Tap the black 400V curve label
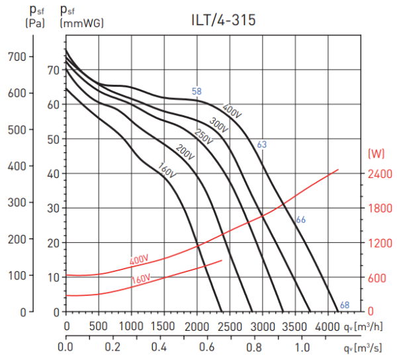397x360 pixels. point(232,111)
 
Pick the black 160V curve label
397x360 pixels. point(166,169)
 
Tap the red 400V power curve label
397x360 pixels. point(140,259)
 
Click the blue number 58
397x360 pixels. point(197,91)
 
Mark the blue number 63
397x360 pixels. point(261,144)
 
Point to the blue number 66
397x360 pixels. point(300,220)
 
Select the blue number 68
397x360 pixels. point(344,305)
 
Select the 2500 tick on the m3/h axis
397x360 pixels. point(230,326)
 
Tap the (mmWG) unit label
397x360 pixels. point(82,23)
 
